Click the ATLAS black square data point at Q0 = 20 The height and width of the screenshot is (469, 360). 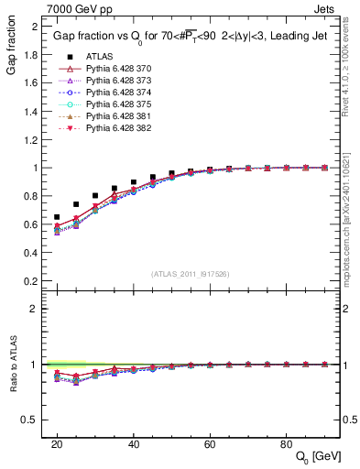point(57,217)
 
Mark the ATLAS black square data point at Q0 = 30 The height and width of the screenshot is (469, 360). point(95,195)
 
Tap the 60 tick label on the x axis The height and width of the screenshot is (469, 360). point(210,443)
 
